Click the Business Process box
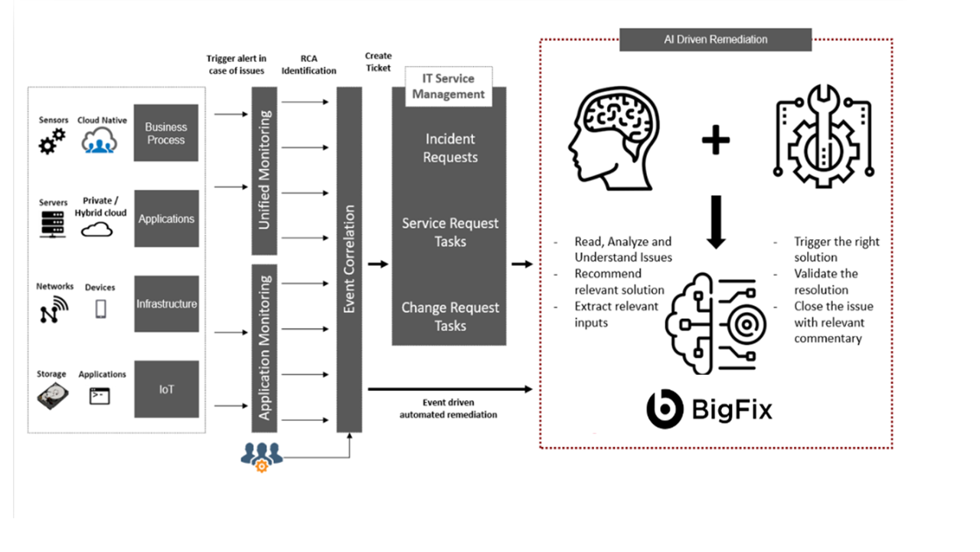click(166, 133)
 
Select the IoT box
click(166, 389)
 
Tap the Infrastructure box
click(166, 304)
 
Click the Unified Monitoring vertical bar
click(264, 170)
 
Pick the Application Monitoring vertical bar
click(264, 347)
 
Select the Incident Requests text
click(451, 148)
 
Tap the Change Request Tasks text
click(450, 317)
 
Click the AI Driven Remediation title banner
click(715, 39)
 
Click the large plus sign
click(715, 140)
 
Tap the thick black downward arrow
click(716, 222)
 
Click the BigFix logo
click(709, 409)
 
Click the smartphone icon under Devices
click(101, 308)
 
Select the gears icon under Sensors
click(52, 141)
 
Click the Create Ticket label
click(378, 61)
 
